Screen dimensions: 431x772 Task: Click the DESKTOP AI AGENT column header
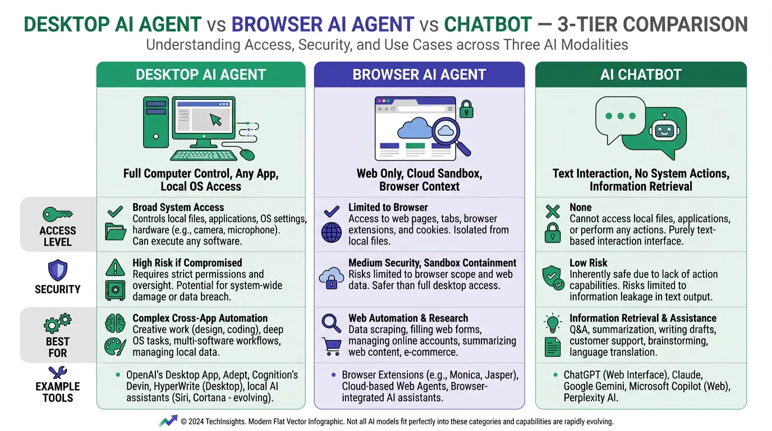[x=201, y=75]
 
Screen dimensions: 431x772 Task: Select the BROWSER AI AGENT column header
[x=419, y=75]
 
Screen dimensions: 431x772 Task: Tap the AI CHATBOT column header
[x=641, y=75]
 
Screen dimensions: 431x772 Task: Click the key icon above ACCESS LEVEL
[x=57, y=215]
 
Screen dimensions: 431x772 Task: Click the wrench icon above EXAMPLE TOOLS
[x=57, y=372]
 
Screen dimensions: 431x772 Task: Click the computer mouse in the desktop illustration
[x=247, y=154]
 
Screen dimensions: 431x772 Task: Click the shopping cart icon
[x=331, y=347]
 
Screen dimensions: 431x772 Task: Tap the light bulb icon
[x=553, y=323]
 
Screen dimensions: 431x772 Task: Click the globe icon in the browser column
[x=331, y=232]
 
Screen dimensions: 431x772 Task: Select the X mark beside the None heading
[x=553, y=212]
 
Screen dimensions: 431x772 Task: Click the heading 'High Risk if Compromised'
[x=187, y=263]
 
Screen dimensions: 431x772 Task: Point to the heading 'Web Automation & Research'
[x=408, y=318]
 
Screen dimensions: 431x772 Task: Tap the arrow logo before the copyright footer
[x=168, y=421]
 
